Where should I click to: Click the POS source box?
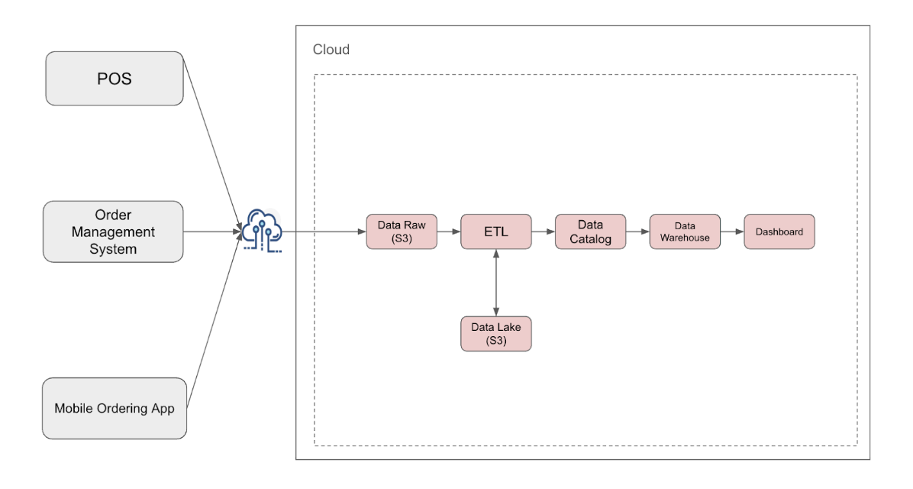(x=115, y=79)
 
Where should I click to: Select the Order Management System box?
(x=113, y=232)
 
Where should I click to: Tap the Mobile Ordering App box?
(x=115, y=408)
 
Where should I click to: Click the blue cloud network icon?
(x=262, y=231)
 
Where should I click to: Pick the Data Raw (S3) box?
(x=402, y=232)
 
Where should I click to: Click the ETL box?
(x=496, y=232)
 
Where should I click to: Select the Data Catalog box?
(x=590, y=232)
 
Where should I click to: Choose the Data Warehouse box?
(x=685, y=232)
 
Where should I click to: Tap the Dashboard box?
(x=779, y=232)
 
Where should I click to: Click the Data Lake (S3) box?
(x=496, y=334)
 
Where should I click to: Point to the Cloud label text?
(x=331, y=50)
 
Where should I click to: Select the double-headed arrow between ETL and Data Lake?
(x=496, y=283)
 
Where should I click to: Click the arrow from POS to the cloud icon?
(x=212, y=144)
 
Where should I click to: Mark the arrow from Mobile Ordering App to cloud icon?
(x=215, y=320)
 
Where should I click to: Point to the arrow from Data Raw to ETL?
(x=449, y=232)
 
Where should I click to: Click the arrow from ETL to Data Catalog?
(x=544, y=232)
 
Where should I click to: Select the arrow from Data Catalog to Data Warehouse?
(x=637, y=232)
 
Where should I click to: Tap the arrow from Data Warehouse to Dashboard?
(x=732, y=232)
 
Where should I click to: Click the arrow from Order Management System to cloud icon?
(x=212, y=232)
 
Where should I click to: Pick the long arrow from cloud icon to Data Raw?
(x=324, y=232)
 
